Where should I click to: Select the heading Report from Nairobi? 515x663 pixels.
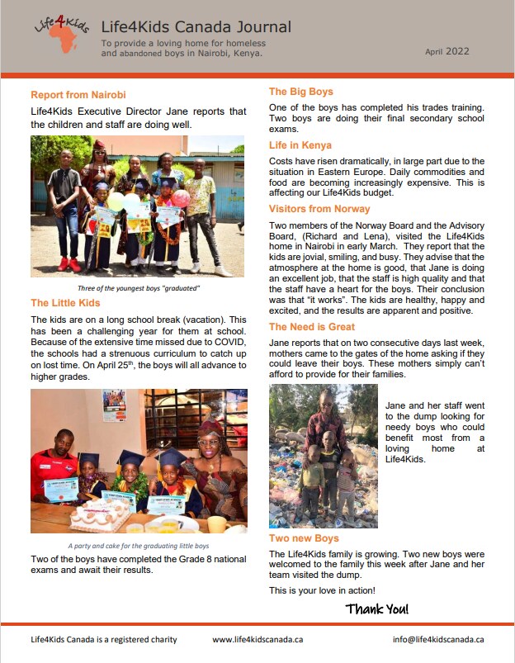(78, 95)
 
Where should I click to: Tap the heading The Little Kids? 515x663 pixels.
(66, 303)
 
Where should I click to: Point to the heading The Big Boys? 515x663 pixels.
(301, 92)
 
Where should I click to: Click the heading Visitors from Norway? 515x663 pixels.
(319, 209)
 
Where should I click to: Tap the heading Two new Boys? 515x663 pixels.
(304, 538)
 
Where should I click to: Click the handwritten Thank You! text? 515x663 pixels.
(376, 609)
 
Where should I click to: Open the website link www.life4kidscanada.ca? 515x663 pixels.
(257, 639)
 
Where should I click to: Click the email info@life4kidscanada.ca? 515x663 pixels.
(438, 639)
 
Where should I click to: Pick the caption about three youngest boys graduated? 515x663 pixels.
(137, 288)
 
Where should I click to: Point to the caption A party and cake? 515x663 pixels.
(138, 546)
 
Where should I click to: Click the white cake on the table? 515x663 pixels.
(100, 516)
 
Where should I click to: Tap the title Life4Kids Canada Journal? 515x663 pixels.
(196, 27)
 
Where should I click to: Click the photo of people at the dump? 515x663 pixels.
(323, 456)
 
